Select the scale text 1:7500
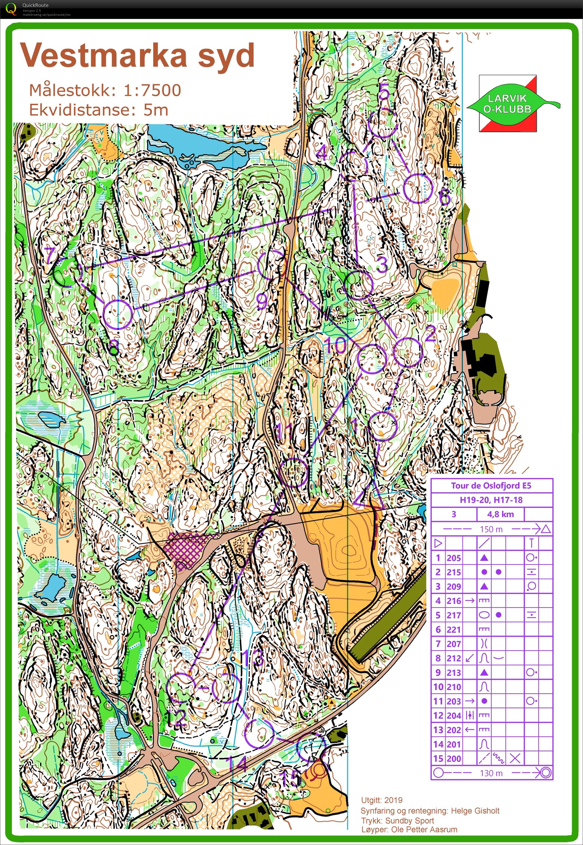click(x=152, y=90)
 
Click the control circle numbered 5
click(x=383, y=123)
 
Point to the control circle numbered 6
click(x=418, y=188)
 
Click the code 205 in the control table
click(x=454, y=558)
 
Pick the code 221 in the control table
click(x=454, y=630)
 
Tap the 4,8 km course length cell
click(x=500, y=514)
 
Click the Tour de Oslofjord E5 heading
click(x=491, y=485)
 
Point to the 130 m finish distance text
click(x=491, y=773)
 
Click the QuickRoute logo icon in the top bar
click(x=11, y=9)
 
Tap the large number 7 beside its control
click(x=50, y=255)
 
